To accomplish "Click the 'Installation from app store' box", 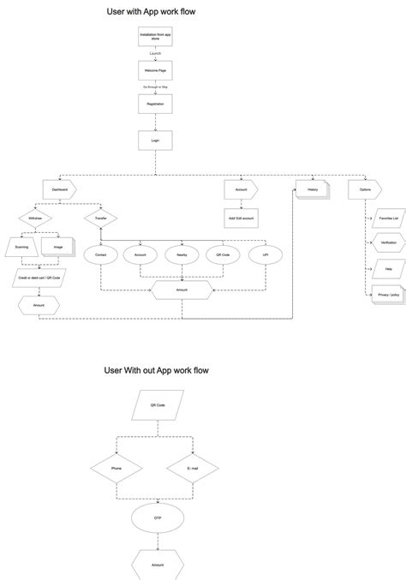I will coord(155,36).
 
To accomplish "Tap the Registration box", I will coord(155,105).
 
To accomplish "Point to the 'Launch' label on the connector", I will coord(155,54).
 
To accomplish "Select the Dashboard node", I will coord(59,189).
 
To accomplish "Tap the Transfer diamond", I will coord(100,219).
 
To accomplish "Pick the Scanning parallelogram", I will coord(22,248).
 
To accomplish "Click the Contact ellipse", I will coord(100,255).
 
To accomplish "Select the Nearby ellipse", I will coord(182,255).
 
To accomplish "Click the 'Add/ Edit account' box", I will coord(241,219).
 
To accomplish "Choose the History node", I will coord(312,189).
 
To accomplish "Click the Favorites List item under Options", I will coord(387,219).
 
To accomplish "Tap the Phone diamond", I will coord(116,469).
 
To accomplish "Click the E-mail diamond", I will coord(193,469).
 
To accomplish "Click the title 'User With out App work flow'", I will coord(157,370).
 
